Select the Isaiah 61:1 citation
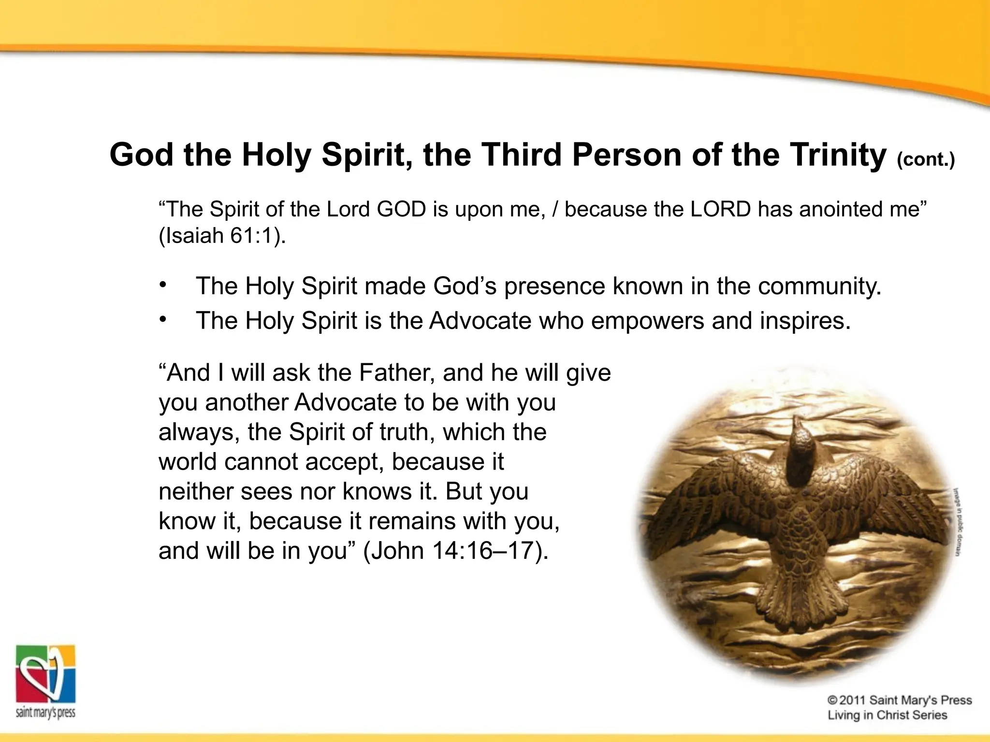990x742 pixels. [x=222, y=236]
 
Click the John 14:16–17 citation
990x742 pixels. [x=455, y=551]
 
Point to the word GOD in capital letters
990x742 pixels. [x=401, y=209]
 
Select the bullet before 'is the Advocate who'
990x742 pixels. [x=163, y=319]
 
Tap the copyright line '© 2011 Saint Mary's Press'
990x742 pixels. [x=899, y=700]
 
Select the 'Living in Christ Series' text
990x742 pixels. [x=887, y=715]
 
